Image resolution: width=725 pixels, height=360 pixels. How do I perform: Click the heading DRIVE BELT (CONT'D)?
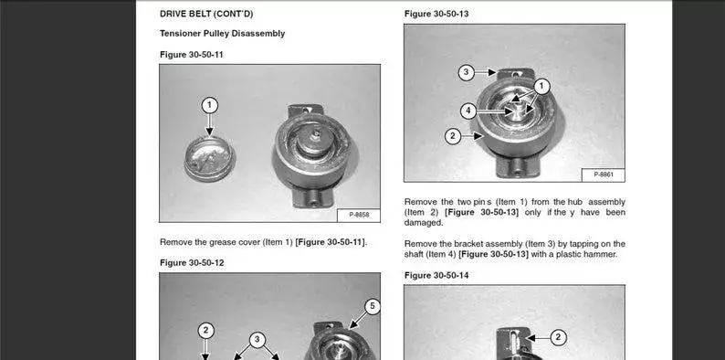coord(206,14)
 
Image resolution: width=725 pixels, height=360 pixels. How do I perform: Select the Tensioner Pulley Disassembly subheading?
coord(223,33)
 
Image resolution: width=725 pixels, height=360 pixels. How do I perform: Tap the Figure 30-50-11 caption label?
coord(192,55)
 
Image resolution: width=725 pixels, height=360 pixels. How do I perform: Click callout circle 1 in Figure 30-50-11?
coord(209,105)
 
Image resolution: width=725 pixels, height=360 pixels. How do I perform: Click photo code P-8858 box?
coord(359,215)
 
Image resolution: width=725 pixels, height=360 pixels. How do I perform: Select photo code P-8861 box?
coord(603,175)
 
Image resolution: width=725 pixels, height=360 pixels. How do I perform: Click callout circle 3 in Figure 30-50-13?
coord(466,72)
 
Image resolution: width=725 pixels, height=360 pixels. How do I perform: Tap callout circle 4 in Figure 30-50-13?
coord(468,111)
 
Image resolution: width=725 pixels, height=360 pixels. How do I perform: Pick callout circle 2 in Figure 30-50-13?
coord(453,136)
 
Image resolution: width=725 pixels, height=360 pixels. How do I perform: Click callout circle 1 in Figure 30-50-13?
coord(541,86)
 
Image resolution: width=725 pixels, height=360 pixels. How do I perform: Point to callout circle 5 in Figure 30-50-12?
coord(373,306)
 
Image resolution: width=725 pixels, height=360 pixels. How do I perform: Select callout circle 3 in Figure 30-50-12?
coord(257,340)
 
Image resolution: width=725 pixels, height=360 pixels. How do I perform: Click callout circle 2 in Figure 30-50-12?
coord(205,331)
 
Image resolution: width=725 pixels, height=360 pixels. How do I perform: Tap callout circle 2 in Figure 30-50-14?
coord(558,337)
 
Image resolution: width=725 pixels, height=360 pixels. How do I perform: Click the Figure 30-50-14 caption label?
coord(436,276)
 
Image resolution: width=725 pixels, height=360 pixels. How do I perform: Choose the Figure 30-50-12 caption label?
coord(192,263)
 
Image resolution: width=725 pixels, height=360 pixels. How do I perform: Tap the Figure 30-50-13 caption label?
coord(436,14)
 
